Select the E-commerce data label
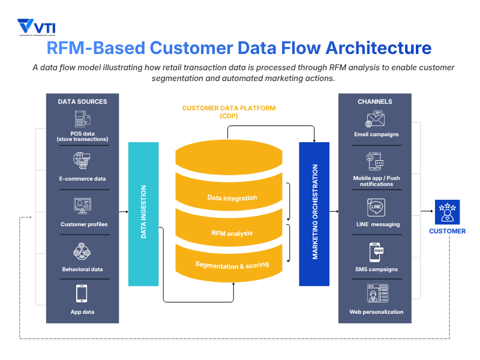coord(83,179)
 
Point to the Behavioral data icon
coord(83,251)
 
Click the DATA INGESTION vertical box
coord(143,214)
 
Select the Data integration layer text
coord(232,197)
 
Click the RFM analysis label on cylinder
coord(232,233)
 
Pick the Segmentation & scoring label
coord(232,265)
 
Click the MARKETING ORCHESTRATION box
coord(314,214)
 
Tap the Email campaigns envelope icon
coord(376,119)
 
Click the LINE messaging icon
coord(376,208)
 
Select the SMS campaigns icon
coord(376,252)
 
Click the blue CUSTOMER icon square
coord(447,211)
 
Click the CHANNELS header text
coord(375,101)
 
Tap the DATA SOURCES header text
coord(83,101)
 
